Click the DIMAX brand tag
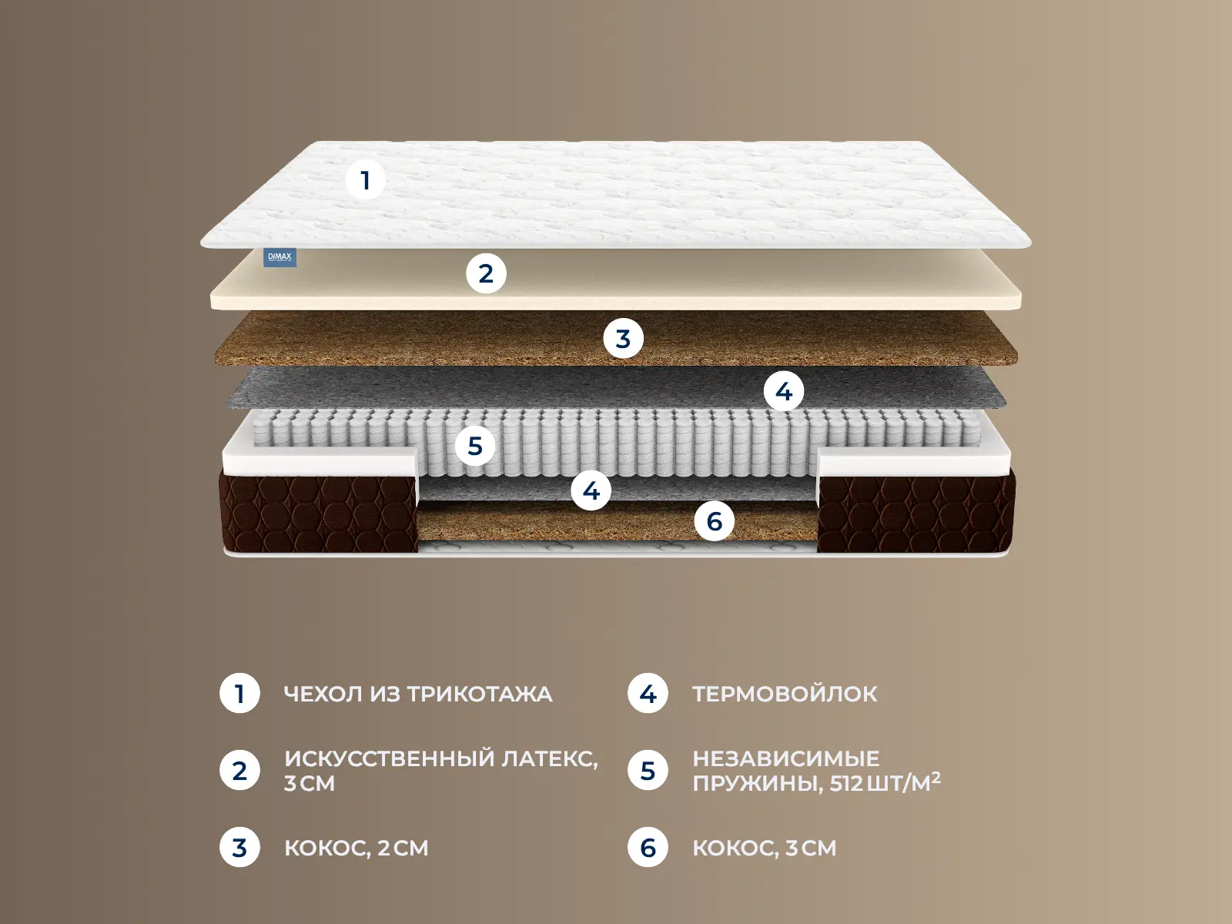click(x=280, y=257)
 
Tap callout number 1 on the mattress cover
click(x=366, y=180)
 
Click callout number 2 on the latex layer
click(x=486, y=273)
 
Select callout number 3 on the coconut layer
click(x=623, y=338)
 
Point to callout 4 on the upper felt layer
click(x=784, y=391)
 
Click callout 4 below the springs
click(x=591, y=490)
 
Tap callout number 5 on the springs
click(x=475, y=446)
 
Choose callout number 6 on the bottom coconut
click(x=715, y=521)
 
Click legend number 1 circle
click(x=239, y=694)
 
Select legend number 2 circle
click(x=239, y=770)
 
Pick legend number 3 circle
click(x=239, y=847)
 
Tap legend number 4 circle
click(x=648, y=694)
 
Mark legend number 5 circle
click(x=648, y=770)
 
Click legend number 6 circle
click(x=648, y=847)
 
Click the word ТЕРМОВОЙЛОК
click(x=785, y=694)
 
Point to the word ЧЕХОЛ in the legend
click(x=323, y=694)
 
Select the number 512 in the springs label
click(x=845, y=782)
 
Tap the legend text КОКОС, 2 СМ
click(x=357, y=848)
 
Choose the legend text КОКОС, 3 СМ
click(x=765, y=848)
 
